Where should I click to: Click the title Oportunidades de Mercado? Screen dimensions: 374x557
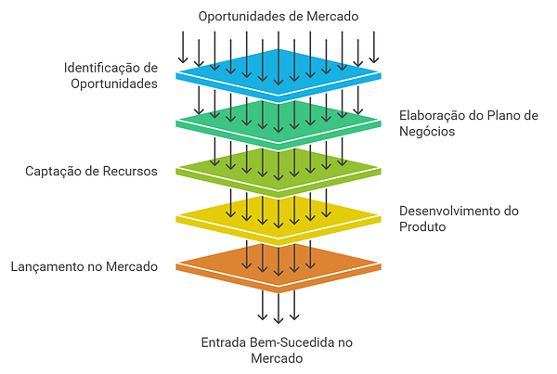[278, 16]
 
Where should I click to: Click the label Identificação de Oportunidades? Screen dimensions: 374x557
[111, 75]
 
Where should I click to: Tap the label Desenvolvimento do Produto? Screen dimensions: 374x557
[459, 219]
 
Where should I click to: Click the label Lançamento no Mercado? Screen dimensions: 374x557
[84, 266]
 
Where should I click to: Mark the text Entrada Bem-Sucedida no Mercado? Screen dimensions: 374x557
[278, 350]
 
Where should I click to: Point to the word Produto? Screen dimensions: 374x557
[423, 227]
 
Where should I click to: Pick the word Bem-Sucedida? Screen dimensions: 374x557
[290, 342]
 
